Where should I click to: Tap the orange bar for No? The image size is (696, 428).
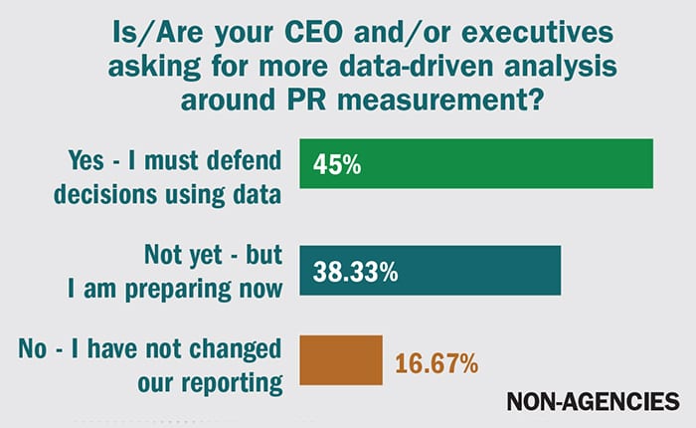click(x=341, y=359)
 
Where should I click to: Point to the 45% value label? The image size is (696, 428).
click(x=336, y=164)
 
